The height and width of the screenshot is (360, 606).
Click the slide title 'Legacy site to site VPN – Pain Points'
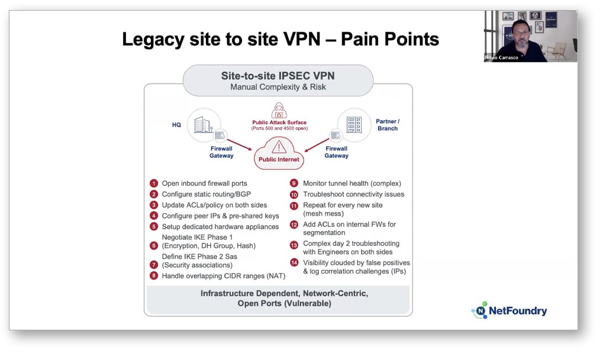point(280,40)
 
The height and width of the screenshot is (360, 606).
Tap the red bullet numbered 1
point(154,184)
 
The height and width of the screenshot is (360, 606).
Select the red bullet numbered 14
point(294,263)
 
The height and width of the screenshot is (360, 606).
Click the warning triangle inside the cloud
point(279,146)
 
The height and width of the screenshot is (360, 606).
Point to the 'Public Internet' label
point(279,159)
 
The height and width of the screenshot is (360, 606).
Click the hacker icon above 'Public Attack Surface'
point(279,111)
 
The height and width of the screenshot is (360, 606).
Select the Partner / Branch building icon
point(354,124)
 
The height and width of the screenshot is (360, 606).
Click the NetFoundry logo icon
point(479,311)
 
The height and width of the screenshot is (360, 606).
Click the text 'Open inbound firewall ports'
point(204,184)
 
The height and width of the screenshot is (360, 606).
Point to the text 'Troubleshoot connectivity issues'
point(353,194)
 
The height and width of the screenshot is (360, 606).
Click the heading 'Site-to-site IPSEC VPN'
point(278,76)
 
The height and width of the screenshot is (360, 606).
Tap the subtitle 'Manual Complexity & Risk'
point(278,87)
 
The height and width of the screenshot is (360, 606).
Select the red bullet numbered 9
point(294,184)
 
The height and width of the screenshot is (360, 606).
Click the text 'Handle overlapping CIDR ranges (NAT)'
point(224,276)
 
